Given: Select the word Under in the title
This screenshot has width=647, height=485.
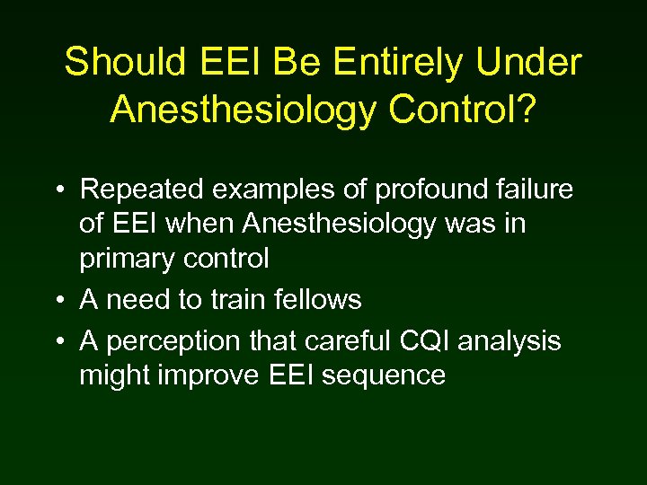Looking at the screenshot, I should coord(531,63).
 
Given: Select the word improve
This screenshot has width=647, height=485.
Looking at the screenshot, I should coord(213,375).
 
